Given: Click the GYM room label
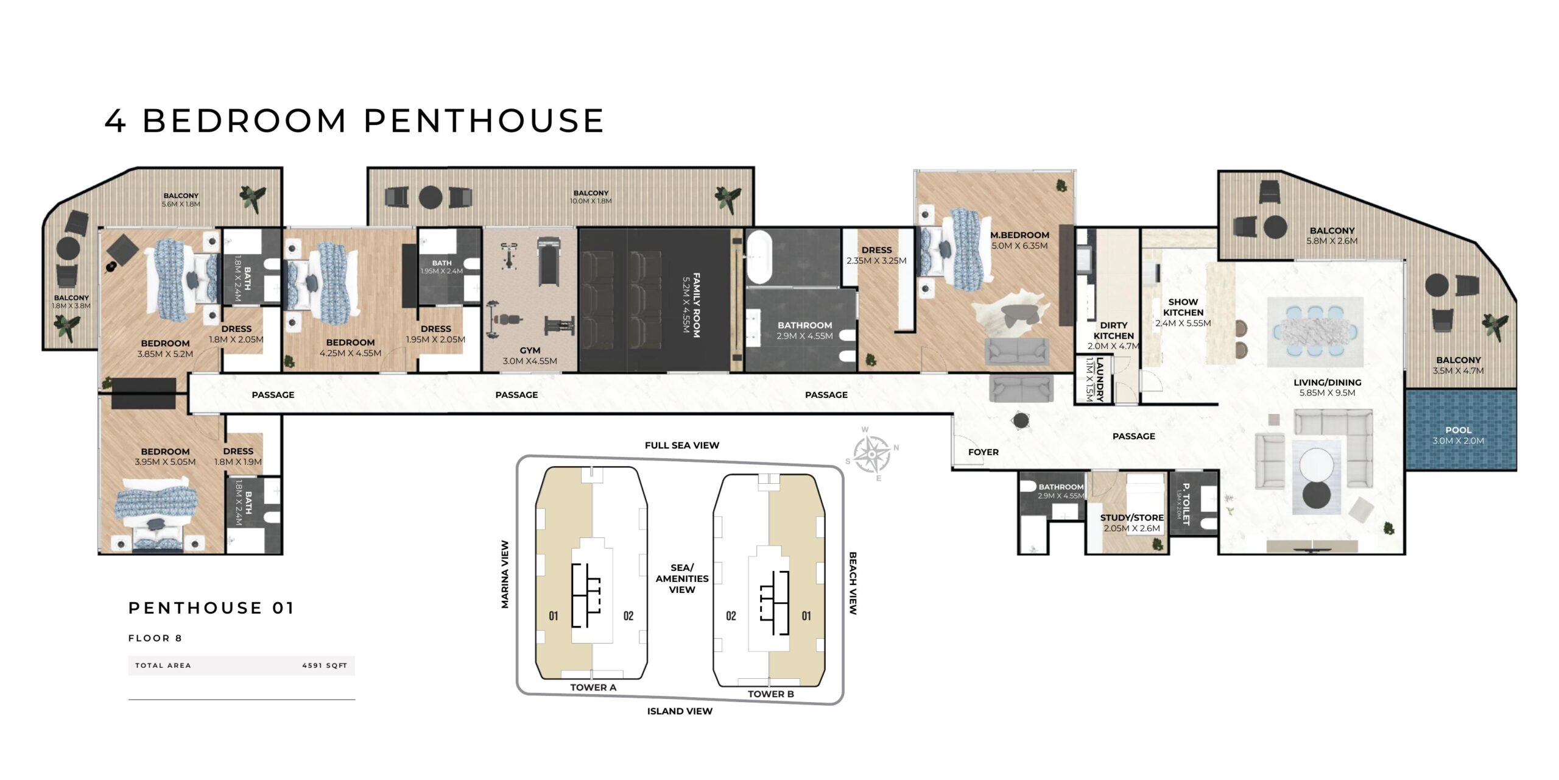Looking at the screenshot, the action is (x=530, y=350).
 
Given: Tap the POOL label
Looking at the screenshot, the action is (x=1458, y=430).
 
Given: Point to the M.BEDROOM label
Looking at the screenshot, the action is (x=1019, y=235).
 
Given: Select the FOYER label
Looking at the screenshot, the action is (x=984, y=452).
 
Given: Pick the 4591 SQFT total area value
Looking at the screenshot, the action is (x=325, y=665).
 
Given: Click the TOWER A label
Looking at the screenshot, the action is (x=593, y=687).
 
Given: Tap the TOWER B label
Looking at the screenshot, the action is (x=771, y=694).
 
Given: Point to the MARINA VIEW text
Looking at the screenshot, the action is (x=505, y=575).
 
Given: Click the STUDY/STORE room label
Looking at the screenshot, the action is (x=1131, y=518).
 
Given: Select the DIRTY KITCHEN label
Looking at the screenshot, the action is (x=1114, y=331).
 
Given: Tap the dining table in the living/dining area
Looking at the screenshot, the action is (x=1315, y=332).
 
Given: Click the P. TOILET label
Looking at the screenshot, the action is (x=1186, y=504).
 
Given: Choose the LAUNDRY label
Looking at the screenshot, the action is (x=1100, y=380).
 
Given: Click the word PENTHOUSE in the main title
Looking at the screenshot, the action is (x=484, y=121).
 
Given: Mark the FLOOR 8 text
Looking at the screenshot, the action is (x=155, y=638).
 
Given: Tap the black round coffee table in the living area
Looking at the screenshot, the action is (x=1317, y=495).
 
